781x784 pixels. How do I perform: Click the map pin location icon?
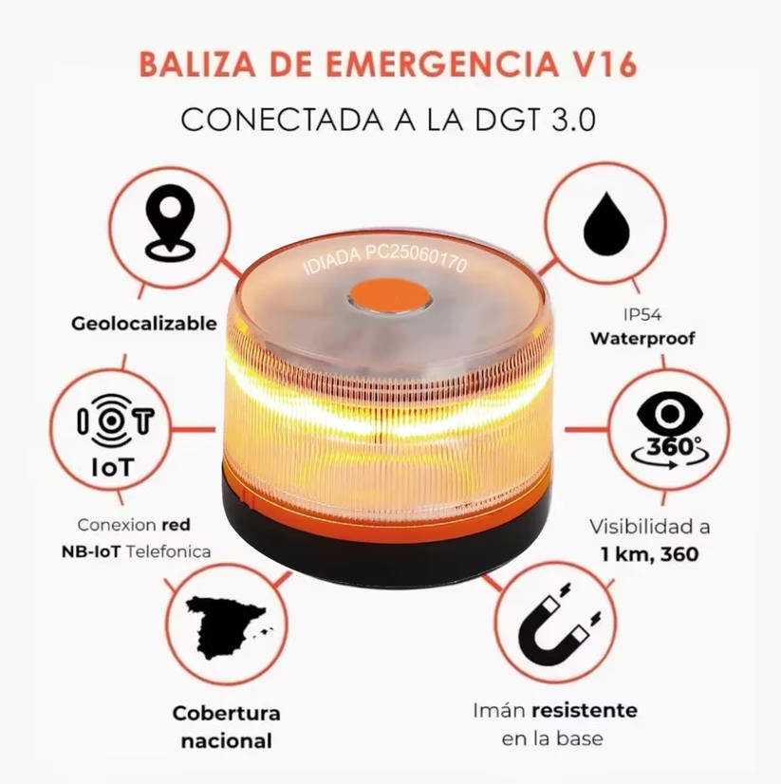[x=169, y=224]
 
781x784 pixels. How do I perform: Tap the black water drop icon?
[x=606, y=226]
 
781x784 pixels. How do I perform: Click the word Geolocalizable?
[x=144, y=324]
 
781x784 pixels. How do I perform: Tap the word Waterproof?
[x=642, y=338]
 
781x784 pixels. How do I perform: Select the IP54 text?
[x=642, y=314]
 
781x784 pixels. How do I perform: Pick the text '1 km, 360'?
[x=650, y=553]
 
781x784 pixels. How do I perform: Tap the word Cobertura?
[x=226, y=713]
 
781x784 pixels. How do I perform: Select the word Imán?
[x=498, y=711]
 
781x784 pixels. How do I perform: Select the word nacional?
[x=226, y=741]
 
